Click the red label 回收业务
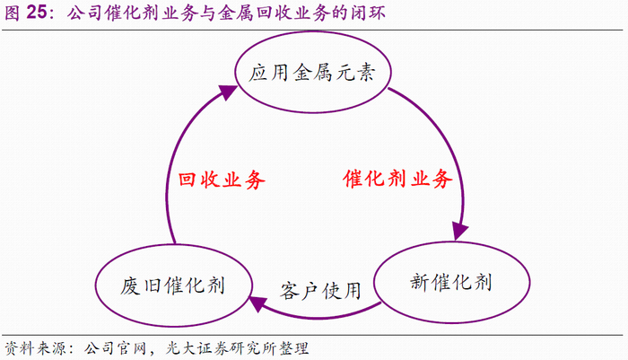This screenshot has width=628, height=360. [x=222, y=179]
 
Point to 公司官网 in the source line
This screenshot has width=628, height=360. [x=112, y=347]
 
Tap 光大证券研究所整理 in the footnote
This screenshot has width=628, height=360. [x=237, y=347]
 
